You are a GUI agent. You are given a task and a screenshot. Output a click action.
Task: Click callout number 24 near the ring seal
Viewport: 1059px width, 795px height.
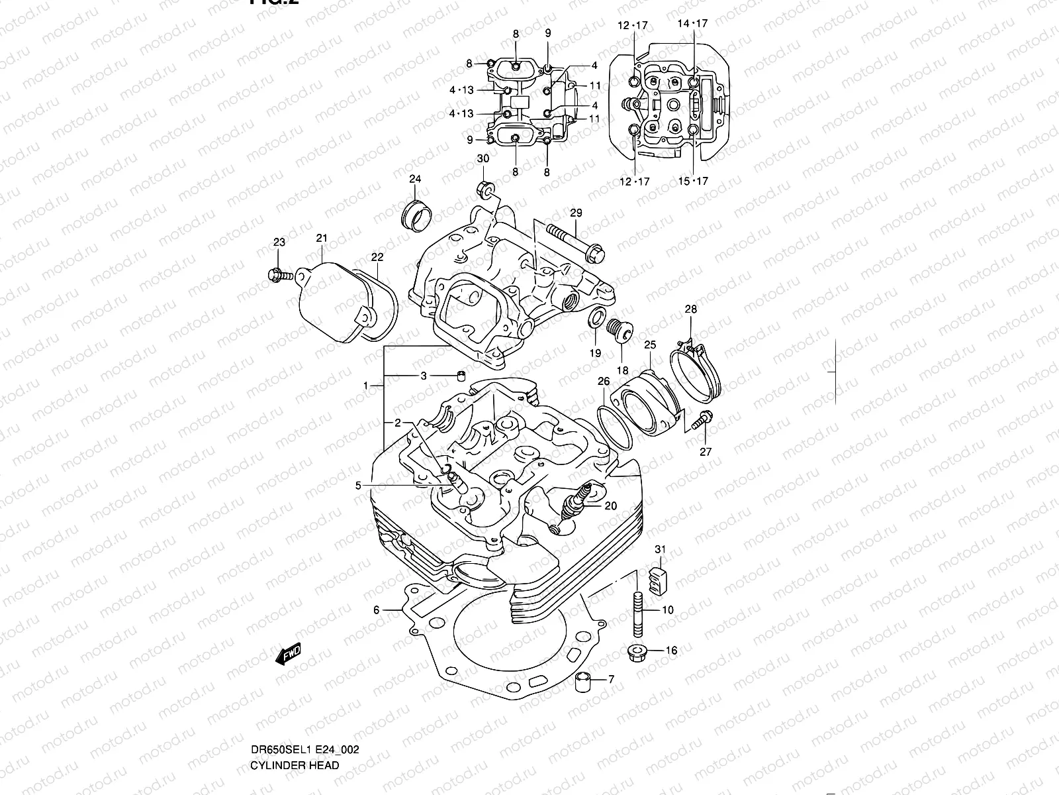415,179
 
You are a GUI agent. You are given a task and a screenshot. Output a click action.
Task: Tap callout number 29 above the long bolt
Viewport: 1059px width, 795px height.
576,213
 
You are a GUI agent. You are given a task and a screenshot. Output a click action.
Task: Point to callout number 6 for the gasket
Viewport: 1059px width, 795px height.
376,610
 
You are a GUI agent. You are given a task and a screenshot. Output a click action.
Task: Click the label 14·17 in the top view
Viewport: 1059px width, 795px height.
692,24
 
